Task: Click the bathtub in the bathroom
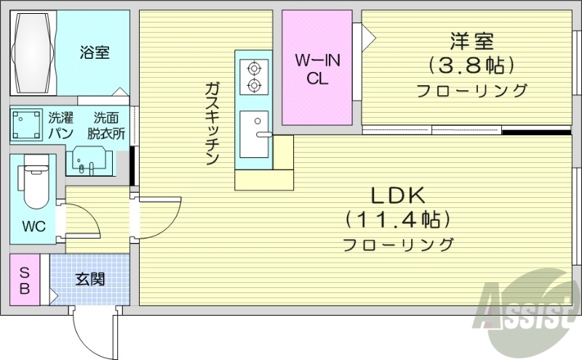pos(33,52)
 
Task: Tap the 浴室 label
pos(95,52)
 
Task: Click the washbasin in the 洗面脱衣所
pos(89,161)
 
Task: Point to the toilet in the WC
pos(33,186)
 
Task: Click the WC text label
pos(33,226)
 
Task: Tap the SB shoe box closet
pos(25,280)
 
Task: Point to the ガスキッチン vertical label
pos(212,124)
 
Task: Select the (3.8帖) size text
pos(471,65)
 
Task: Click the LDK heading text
pos(398,194)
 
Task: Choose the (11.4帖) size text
pos(398,218)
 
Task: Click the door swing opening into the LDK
pos(162,217)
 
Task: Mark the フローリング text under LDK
pos(398,244)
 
